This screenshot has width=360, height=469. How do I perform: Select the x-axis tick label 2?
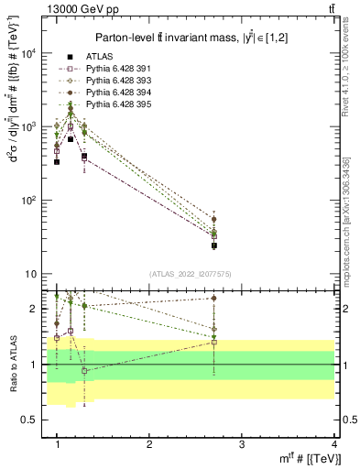click(149, 443)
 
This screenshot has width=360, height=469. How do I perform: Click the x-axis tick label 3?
click(242, 443)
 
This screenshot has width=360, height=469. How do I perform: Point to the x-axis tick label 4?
click(334, 443)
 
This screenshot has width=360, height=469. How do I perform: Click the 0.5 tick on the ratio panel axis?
click(28, 420)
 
